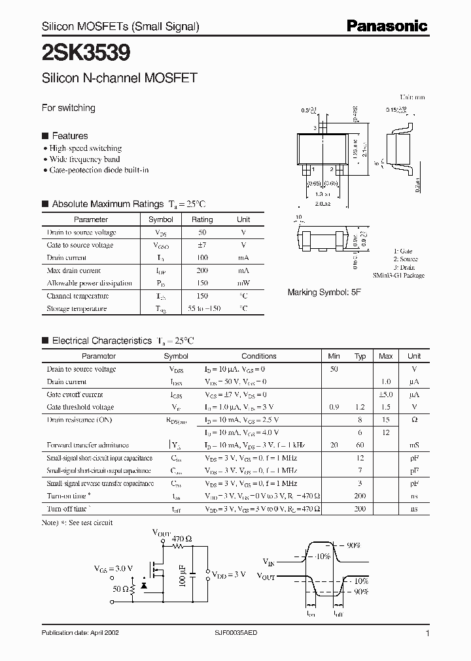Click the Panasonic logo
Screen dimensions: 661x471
click(387, 25)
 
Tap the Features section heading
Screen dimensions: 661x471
click(69, 136)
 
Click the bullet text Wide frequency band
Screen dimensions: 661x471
click(85, 159)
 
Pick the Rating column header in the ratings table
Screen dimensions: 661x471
click(202, 220)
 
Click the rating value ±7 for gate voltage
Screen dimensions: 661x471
click(202, 245)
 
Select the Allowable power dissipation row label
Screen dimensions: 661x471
click(90, 283)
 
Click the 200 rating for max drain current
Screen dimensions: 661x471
click(202, 270)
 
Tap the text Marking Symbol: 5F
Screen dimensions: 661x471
click(324, 293)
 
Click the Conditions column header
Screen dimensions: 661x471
click(259, 356)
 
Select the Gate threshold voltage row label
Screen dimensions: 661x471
click(80, 407)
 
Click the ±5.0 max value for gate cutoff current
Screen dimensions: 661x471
click(386, 395)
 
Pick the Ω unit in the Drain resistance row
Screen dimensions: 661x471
click(414, 420)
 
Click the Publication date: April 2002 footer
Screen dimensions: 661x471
click(80, 633)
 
